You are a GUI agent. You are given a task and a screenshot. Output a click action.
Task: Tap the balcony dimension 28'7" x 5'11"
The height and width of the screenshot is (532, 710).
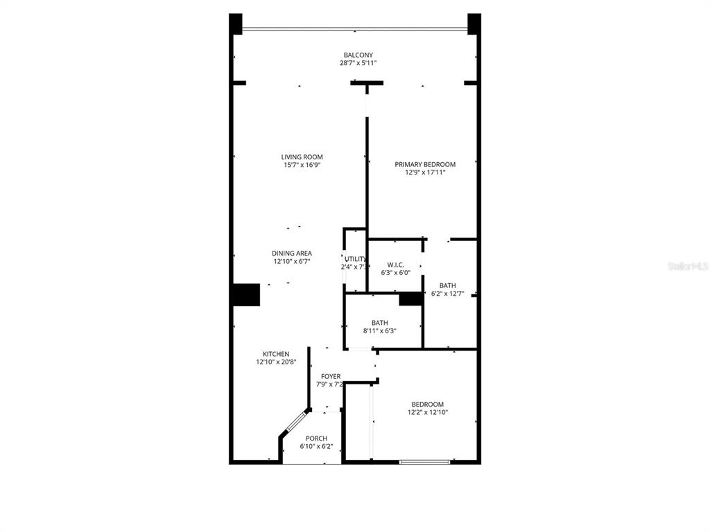[x=358, y=63]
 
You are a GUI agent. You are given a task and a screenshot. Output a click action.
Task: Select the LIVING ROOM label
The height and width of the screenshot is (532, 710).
[x=302, y=157]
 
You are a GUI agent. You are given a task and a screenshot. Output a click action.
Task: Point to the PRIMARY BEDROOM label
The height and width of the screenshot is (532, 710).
[x=425, y=164]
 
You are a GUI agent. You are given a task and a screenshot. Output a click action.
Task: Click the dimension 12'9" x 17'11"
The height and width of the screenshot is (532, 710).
[x=425, y=172]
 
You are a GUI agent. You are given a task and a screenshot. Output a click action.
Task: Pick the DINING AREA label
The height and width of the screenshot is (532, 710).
[x=291, y=254]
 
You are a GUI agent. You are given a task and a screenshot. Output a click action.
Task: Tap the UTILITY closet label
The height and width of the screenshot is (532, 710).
[x=355, y=259]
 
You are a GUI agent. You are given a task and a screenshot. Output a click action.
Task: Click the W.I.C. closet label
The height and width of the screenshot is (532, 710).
[x=395, y=264]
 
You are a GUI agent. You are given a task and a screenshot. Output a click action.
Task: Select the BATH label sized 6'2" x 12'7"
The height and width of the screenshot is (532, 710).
[x=447, y=285]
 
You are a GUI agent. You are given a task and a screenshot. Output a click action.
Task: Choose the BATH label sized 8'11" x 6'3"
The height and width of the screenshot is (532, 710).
[x=379, y=323]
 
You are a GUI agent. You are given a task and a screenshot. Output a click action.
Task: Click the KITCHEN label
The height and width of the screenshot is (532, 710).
[x=275, y=354]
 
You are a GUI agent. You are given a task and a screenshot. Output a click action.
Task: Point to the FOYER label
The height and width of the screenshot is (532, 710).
[x=330, y=376]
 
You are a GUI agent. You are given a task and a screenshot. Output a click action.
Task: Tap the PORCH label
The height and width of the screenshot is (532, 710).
[x=316, y=438]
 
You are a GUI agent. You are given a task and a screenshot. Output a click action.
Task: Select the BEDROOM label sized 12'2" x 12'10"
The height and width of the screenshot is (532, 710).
[x=427, y=405]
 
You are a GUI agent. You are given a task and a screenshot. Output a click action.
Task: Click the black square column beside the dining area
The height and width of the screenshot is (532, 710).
[x=245, y=294]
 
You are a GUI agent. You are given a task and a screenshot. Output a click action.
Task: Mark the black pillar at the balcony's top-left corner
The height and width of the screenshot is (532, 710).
[x=236, y=24]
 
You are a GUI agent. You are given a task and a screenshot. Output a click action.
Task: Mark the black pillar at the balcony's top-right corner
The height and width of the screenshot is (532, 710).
[x=474, y=24]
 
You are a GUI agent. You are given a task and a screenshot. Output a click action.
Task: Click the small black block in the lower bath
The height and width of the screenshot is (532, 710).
[x=410, y=299]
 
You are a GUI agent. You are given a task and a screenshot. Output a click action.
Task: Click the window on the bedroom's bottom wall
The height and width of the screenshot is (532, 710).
[x=424, y=461]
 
